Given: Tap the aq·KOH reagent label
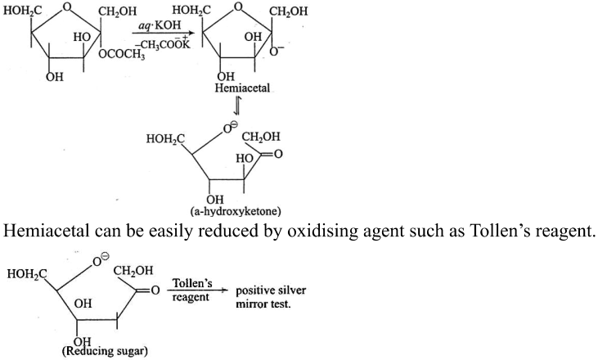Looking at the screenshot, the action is [160, 26].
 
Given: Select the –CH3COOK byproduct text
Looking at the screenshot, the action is [164, 45].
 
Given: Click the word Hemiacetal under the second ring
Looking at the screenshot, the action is [242, 88].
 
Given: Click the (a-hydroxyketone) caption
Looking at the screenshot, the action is [238, 210].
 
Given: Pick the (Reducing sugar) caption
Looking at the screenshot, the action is [105, 350].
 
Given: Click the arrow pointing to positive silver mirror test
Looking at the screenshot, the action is [198, 290].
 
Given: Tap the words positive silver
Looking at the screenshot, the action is [271, 290].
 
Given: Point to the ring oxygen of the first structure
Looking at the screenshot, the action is [68, 7].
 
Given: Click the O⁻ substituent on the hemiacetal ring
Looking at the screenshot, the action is [276, 52].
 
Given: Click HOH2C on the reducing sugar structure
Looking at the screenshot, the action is [27, 273].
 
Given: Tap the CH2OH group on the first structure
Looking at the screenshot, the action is [117, 11].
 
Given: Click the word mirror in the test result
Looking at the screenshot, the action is [250, 304].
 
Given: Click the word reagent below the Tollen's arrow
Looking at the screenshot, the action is [191, 297].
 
